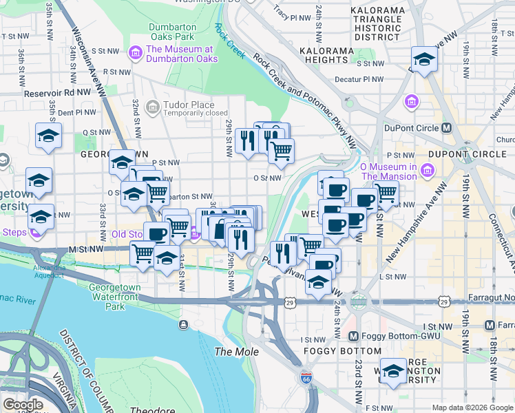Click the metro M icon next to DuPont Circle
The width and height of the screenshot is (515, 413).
tap(447, 128)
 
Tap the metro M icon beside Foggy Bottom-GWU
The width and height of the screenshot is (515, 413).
tap(353, 337)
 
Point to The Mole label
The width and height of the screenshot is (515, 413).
tap(237, 352)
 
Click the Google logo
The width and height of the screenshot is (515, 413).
tap(23, 404)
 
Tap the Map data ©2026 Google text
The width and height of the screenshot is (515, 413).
tap(472, 407)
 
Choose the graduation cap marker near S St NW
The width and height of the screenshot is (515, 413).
tap(424, 59)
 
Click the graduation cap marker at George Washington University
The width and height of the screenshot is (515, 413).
tap(393, 370)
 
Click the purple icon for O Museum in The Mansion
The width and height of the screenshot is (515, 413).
tap(428, 169)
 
